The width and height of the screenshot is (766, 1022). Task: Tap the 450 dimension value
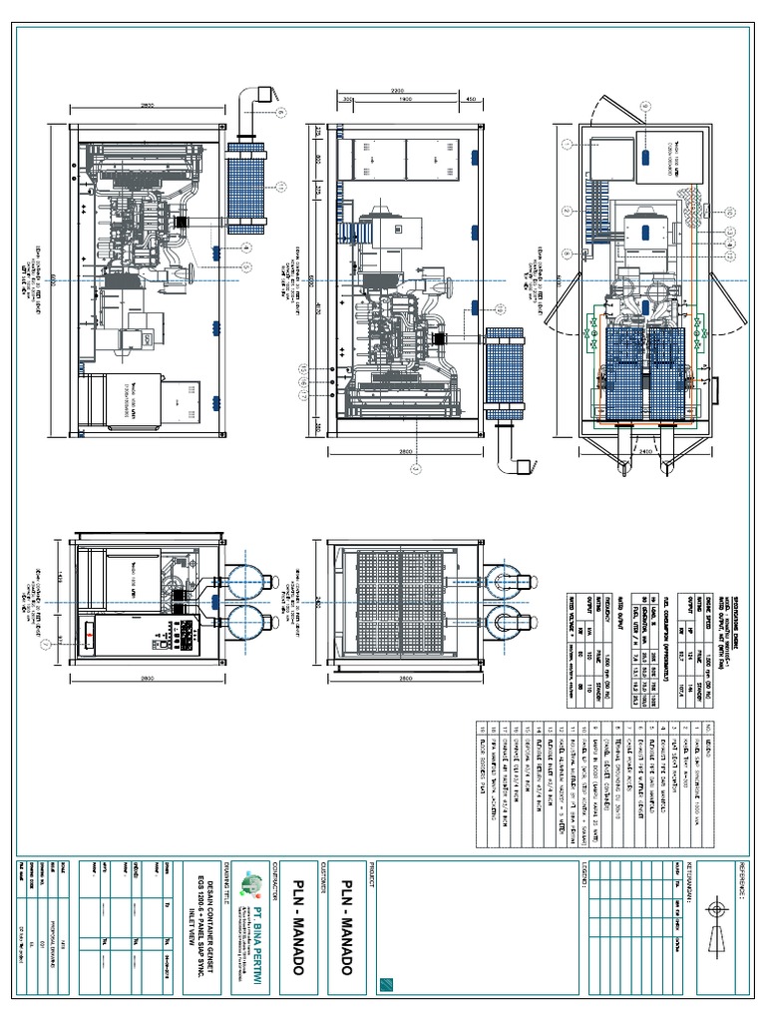click(470, 100)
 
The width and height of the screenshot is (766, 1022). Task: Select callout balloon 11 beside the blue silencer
click(281, 186)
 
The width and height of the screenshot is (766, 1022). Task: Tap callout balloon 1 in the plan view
click(567, 145)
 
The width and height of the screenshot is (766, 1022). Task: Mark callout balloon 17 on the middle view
click(303, 394)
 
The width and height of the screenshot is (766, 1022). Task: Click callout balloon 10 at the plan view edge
click(729, 213)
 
